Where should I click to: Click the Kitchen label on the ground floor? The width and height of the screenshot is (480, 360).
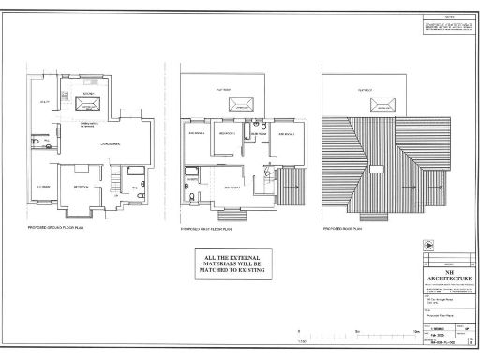click(x=89, y=96)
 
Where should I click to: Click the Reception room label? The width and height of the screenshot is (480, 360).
click(x=83, y=187)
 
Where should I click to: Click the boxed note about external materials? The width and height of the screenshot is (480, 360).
click(x=230, y=262)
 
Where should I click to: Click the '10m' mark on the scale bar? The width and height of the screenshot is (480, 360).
click(x=415, y=332)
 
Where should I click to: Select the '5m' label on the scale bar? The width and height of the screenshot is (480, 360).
click(x=356, y=332)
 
